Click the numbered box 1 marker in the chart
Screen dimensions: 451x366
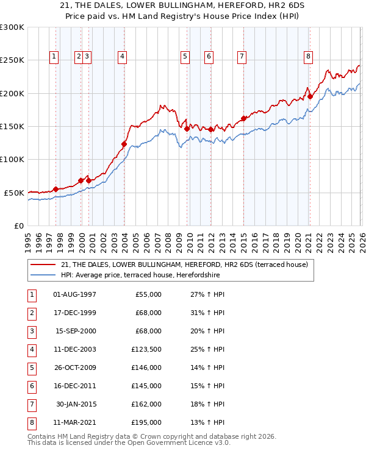pyautogui.click(x=54, y=57)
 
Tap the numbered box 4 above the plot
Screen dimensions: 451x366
pyautogui.click(x=123, y=57)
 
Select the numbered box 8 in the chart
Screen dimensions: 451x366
pyautogui.click(x=309, y=57)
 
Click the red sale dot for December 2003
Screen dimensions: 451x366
pyautogui.click(x=124, y=144)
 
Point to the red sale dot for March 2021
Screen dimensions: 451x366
pyautogui.click(x=310, y=96)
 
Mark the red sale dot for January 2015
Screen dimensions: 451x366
pyautogui.click(x=243, y=118)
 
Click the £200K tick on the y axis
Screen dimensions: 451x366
pyautogui.click(x=12, y=94)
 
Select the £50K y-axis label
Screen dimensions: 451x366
pyautogui.click(x=14, y=193)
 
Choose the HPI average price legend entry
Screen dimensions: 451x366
pyautogui.click(x=140, y=275)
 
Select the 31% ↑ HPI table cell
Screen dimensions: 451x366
pyautogui.click(x=207, y=313)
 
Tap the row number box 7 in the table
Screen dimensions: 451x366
pyautogui.click(x=30, y=404)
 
